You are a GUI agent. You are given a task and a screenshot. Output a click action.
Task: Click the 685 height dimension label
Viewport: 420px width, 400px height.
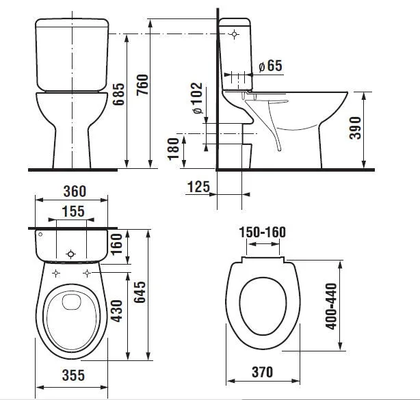pos(118,94)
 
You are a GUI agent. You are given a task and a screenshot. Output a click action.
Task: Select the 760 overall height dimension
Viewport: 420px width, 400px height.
pos(142,85)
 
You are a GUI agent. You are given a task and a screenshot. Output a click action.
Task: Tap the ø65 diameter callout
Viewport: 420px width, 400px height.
pos(270,66)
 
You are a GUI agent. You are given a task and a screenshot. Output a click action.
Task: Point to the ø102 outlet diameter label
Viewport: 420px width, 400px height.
pos(198,98)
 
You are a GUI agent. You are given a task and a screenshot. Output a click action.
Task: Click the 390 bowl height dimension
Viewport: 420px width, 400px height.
pos(356,128)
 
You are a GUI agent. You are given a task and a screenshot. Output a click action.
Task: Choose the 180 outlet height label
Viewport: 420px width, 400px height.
pos(173,149)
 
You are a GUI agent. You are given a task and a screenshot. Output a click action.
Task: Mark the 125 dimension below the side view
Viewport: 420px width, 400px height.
pos(198,187)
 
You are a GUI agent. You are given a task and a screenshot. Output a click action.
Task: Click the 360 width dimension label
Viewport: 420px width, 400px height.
pos(75,191)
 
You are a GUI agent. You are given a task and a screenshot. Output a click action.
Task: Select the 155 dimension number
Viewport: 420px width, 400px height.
pos(73,211)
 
